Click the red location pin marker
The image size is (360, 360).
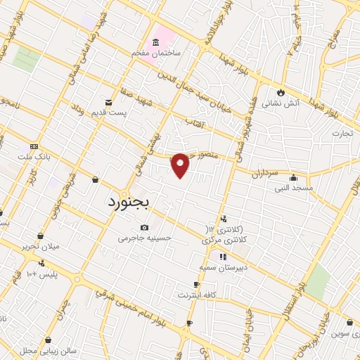pos(181,165)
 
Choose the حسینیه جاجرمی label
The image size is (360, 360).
pos(145,238)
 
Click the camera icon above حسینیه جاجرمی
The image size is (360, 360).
pos(145,227)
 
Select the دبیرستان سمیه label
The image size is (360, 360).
pos(219,268)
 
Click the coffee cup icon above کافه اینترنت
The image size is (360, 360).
pos(197,285)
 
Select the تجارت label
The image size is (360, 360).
pos(343,131)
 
